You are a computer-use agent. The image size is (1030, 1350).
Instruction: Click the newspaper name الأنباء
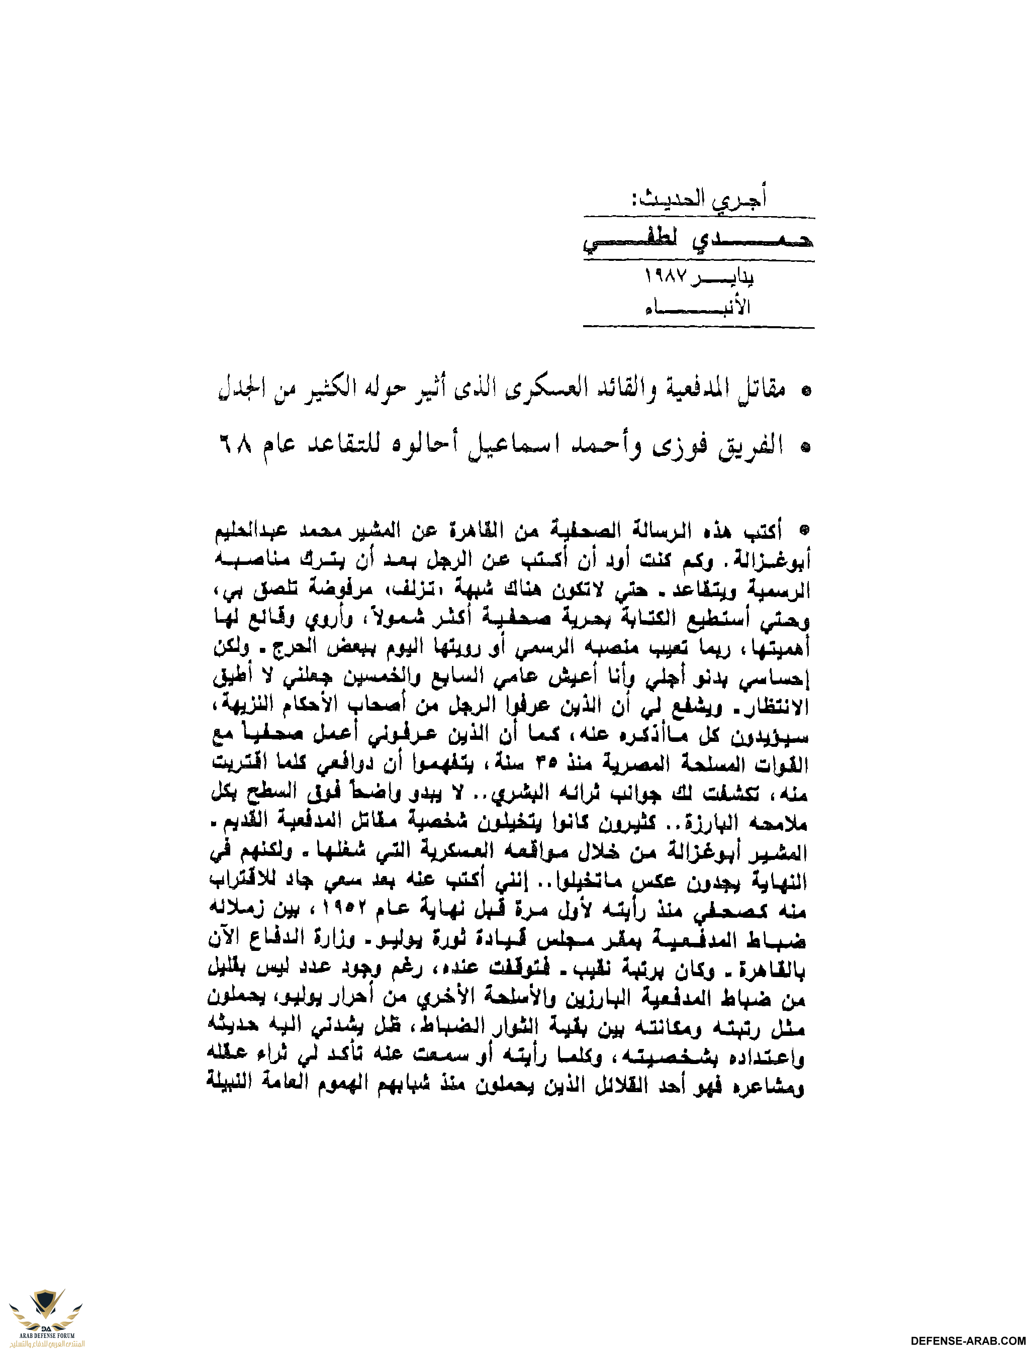[698, 307]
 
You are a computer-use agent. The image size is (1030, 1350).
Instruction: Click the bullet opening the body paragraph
[805, 528]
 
